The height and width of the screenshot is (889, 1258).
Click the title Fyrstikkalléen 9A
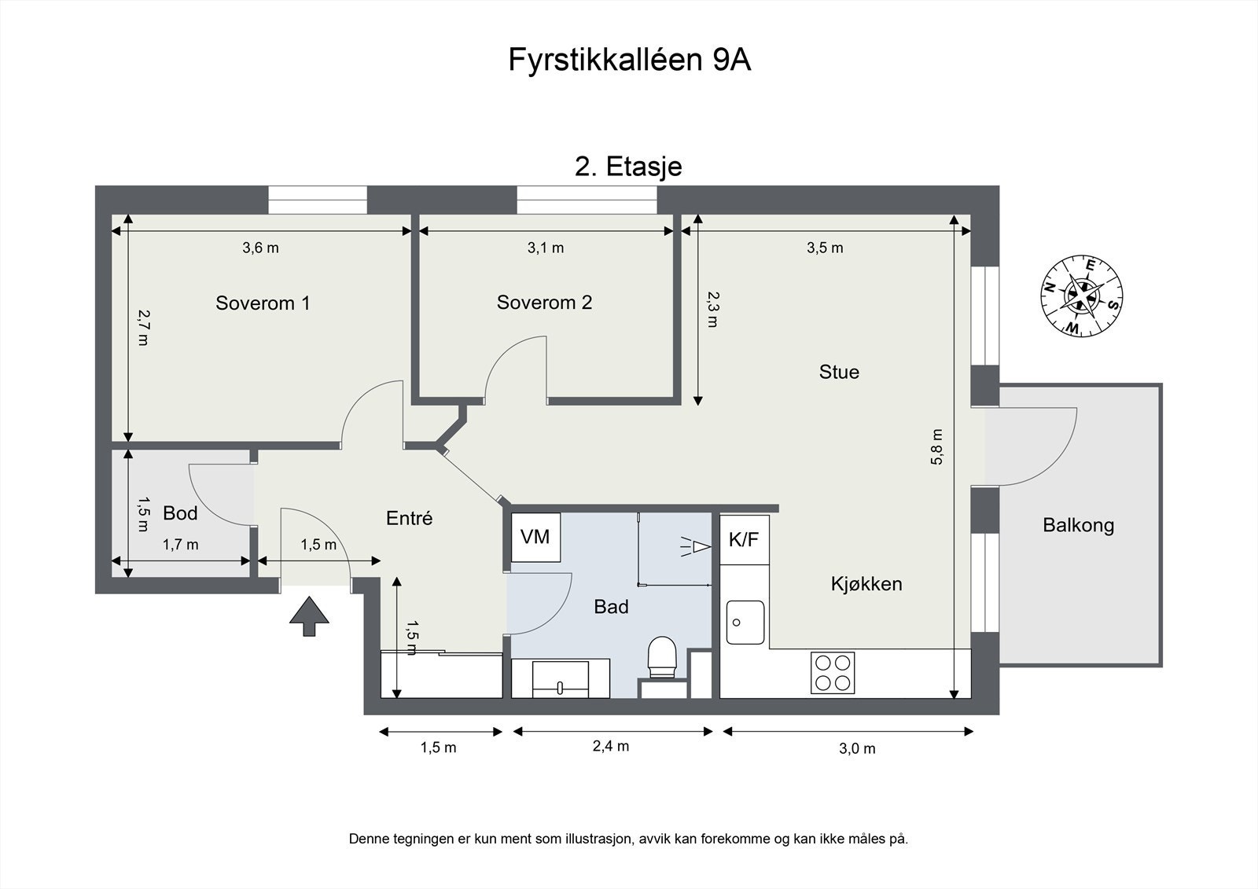pyautogui.click(x=629, y=61)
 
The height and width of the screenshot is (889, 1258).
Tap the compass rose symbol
pyautogui.click(x=1081, y=296)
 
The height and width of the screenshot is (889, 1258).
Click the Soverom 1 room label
pyautogui.click(x=263, y=303)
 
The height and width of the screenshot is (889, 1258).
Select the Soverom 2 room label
pyautogui.click(x=544, y=303)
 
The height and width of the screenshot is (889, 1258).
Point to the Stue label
pyautogui.click(x=839, y=372)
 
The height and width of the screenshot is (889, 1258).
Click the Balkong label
pyautogui.click(x=1078, y=525)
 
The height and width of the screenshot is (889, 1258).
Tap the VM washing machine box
pyautogui.click(x=535, y=538)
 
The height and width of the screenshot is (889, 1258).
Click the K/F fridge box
pyautogui.click(x=744, y=539)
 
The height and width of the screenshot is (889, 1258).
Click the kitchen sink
pyautogui.click(x=745, y=622)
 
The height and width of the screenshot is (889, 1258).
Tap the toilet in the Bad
pyautogui.click(x=662, y=657)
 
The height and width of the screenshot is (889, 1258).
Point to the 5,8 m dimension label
pyautogui.click(x=936, y=446)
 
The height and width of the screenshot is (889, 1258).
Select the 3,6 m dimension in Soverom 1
pyautogui.click(x=260, y=248)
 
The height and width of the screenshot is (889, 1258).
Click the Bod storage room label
pyautogui.click(x=180, y=513)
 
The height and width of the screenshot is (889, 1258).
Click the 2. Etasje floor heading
pyautogui.click(x=628, y=167)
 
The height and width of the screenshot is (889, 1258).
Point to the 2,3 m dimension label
pyautogui.click(x=712, y=309)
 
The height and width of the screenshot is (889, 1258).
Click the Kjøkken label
pyautogui.click(x=866, y=584)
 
